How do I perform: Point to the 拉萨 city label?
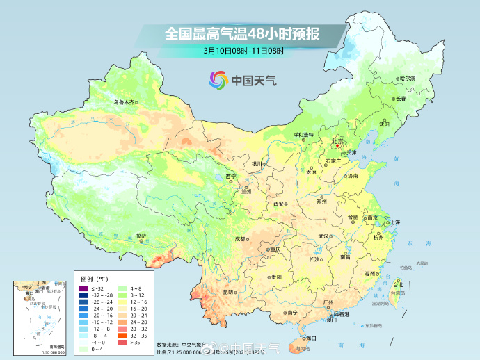(141, 236)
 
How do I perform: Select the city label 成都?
(239, 238)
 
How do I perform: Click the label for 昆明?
(229, 292)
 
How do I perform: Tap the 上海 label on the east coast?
(394, 222)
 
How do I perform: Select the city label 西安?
(279, 204)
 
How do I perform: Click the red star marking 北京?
(338, 139)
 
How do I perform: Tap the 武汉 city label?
(323, 236)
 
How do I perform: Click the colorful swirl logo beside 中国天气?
(218, 80)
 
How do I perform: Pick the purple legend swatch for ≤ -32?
(83, 288)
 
